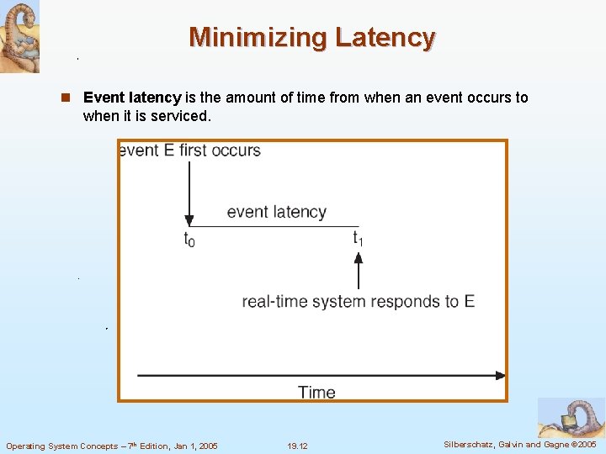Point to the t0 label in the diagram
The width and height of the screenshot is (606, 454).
tap(189, 239)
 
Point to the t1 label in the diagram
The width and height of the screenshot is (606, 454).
tap(358, 239)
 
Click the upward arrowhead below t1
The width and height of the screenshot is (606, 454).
tap(359, 259)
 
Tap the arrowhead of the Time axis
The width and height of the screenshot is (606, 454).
tap(501, 375)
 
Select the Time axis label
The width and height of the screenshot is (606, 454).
tap(316, 393)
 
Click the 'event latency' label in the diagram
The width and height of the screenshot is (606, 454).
tap(276, 212)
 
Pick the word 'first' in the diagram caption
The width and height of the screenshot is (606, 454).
tap(196, 150)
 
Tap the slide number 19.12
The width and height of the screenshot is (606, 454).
tap(297, 446)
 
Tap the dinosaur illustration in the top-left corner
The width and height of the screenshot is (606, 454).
tap(19, 36)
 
